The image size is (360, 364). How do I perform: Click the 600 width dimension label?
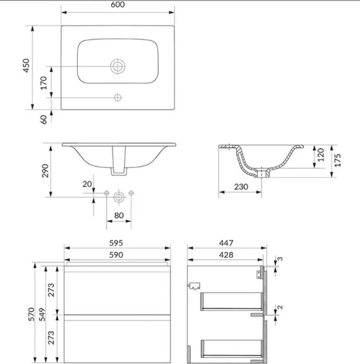click(118, 4)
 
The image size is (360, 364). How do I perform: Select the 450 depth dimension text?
click(27, 66)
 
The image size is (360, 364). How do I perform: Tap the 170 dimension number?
click(43, 83)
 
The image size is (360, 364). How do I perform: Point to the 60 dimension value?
click(43, 119)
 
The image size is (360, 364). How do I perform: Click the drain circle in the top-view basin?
click(118, 66)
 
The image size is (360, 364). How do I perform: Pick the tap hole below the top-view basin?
click(118, 98)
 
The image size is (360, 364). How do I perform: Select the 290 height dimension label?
click(45, 171)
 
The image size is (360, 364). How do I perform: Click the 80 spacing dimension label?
click(119, 215)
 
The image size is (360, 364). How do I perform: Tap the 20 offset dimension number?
click(87, 184)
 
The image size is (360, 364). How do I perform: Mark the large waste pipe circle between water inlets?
click(119, 198)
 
